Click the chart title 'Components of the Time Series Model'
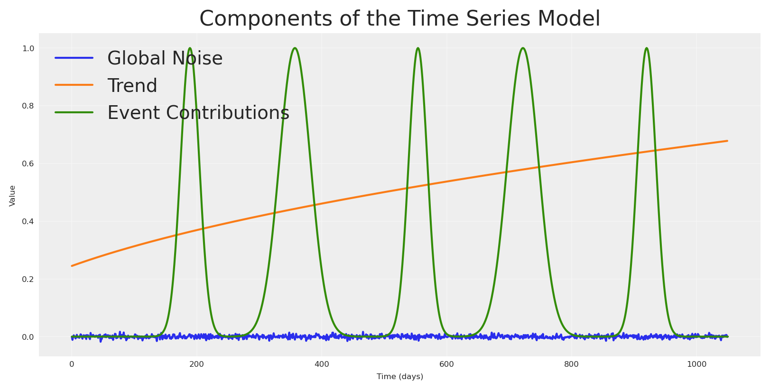click(399, 19)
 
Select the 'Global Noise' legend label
click(165, 59)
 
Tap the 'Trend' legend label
click(132, 86)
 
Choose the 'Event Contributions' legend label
click(198, 113)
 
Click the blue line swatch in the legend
click(74, 58)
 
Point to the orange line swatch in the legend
click(74, 85)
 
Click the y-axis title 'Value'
click(12, 196)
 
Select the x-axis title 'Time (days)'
click(399, 377)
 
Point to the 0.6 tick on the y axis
click(28, 163)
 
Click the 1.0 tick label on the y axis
click(28, 48)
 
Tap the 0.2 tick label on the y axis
click(28, 279)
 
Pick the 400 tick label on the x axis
click(321, 364)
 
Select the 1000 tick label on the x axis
click(696, 364)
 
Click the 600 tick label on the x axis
click(446, 364)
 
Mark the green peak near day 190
click(190, 48)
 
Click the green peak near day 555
click(417, 48)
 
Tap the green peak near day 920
click(646, 48)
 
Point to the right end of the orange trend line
click(727, 141)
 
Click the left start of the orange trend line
click(72, 266)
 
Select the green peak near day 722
click(522, 48)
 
